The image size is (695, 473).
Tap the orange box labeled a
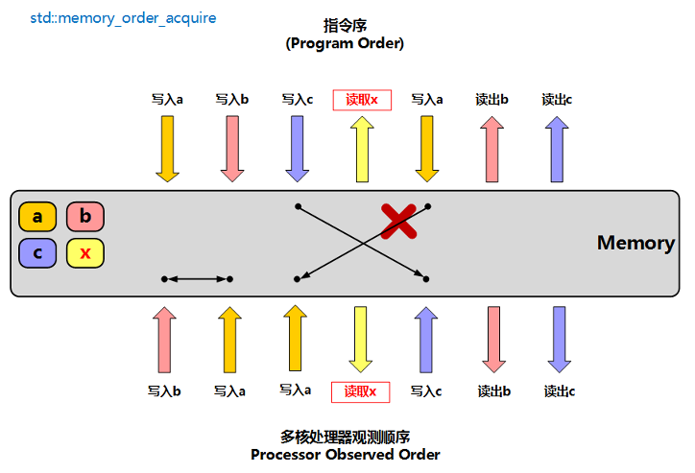click(37, 217)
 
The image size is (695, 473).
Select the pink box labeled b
click(85, 217)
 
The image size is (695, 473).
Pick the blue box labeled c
click(37, 253)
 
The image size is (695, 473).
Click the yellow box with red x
click(85, 253)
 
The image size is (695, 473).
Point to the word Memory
click(635, 243)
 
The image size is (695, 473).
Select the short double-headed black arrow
click(197, 279)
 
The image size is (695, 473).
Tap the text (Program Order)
click(345, 43)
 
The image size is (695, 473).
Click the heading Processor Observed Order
click(345, 454)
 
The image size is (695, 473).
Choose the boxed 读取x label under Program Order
click(362, 99)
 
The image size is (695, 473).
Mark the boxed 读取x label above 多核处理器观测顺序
click(360, 391)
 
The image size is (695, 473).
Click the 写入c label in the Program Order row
click(298, 99)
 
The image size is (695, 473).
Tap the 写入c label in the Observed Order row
click(425, 391)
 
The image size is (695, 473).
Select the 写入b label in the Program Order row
click(231, 99)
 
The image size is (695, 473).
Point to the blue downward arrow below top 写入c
click(298, 148)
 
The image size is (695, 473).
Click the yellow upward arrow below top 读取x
click(362, 148)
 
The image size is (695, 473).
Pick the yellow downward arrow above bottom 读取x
click(360, 339)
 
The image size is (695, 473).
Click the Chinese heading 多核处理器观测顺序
click(345, 437)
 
